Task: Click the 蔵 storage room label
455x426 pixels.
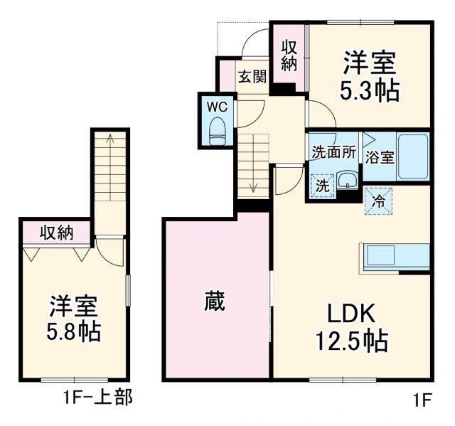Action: click(x=214, y=302)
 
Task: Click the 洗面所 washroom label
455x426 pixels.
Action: click(x=333, y=151)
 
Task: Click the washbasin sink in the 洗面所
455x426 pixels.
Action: click(x=347, y=181)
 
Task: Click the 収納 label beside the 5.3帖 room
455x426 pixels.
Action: click(x=288, y=55)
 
